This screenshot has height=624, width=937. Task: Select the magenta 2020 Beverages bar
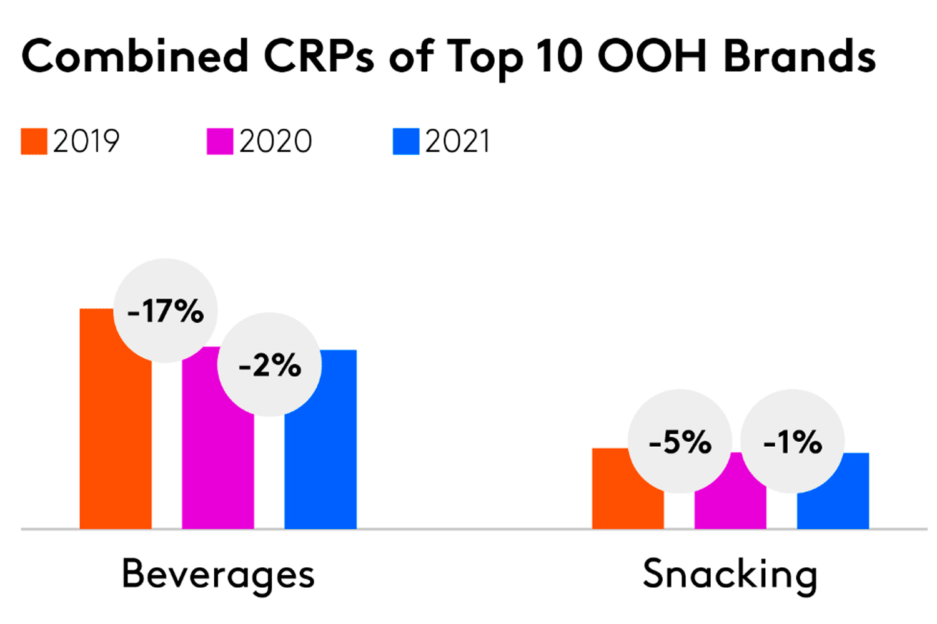pos(217,462)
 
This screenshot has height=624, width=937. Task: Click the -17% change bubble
pos(166,311)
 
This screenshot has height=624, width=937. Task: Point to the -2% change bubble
pos(269,365)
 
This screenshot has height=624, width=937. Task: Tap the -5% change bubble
pos(680,442)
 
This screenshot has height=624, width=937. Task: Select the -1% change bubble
pos(792,442)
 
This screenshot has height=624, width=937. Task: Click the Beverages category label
pos(218,573)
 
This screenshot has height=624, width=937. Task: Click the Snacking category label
pos(730,573)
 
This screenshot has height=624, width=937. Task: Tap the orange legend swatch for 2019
pos(34,142)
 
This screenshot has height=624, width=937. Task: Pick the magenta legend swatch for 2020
pos(220,142)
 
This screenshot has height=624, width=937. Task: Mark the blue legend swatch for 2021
pos(405,142)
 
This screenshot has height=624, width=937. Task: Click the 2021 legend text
pos(458,142)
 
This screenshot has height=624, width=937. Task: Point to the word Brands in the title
pos(800,56)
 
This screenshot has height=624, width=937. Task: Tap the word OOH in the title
pos(652,56)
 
